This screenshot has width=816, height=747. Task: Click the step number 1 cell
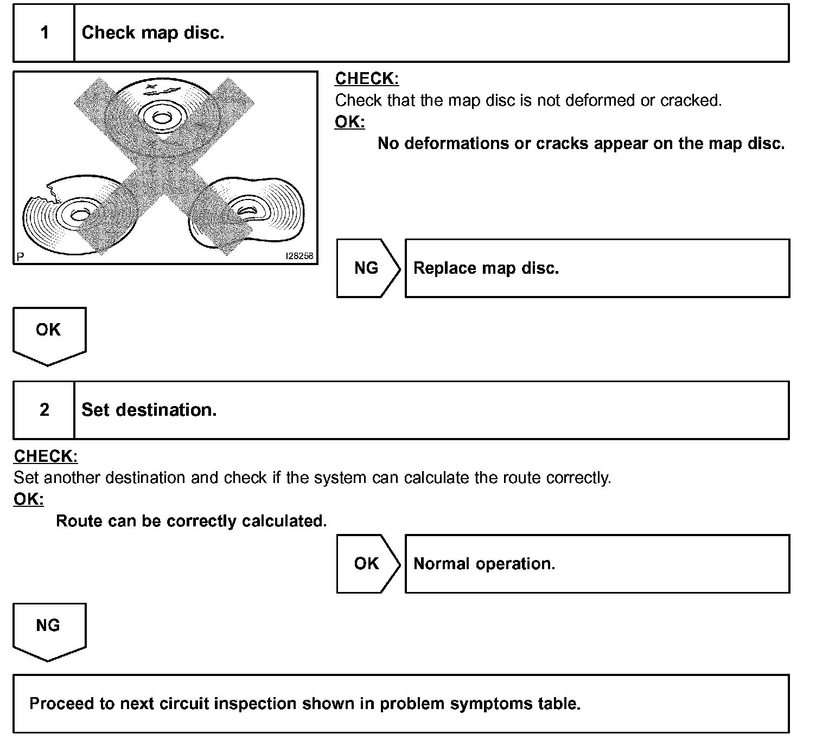click(44, 33)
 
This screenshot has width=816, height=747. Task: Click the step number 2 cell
click(44, 410)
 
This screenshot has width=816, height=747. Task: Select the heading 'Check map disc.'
click(152, 33)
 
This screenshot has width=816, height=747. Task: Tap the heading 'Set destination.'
click(149, 410)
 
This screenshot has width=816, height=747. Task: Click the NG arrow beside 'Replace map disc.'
click(367, 268)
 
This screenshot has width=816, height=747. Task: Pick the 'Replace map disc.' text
click(486, 268)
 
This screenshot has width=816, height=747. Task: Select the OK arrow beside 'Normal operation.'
click(367, 564)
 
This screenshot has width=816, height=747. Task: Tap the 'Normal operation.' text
click(484, 564)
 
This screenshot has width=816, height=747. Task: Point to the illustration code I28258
click(299, 256)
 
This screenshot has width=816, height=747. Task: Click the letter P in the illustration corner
click(20, 257)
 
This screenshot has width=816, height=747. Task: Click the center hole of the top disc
click(161, 117)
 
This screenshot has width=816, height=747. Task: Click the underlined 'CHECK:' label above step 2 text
click(46, 456)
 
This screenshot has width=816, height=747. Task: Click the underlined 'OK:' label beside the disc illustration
click(349, 122)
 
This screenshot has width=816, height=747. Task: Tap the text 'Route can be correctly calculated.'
click(192, 521)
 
